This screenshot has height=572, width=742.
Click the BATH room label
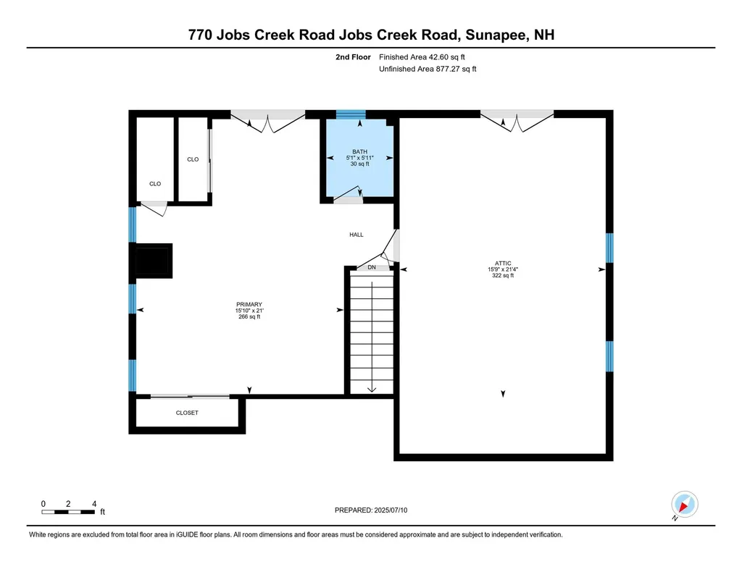(359, 151)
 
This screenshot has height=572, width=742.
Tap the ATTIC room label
(503, 264)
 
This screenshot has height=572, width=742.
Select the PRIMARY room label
(249, 304)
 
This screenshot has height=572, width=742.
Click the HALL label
(356, 235)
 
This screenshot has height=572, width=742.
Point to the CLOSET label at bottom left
(187, 413)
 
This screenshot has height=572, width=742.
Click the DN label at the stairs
(372, 268)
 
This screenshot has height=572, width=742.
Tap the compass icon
(683, 504)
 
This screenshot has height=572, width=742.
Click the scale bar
(69, 512)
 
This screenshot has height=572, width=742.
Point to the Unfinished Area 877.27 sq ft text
(428, 70)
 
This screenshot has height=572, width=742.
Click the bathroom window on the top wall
(351, 114)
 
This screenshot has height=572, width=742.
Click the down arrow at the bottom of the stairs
(372, 387)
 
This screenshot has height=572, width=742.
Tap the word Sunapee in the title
(505, 34)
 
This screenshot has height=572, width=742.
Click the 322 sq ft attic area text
(503, 276)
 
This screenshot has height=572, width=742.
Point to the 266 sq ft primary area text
(249, 316)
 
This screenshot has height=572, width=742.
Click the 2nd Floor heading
(353, 56)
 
